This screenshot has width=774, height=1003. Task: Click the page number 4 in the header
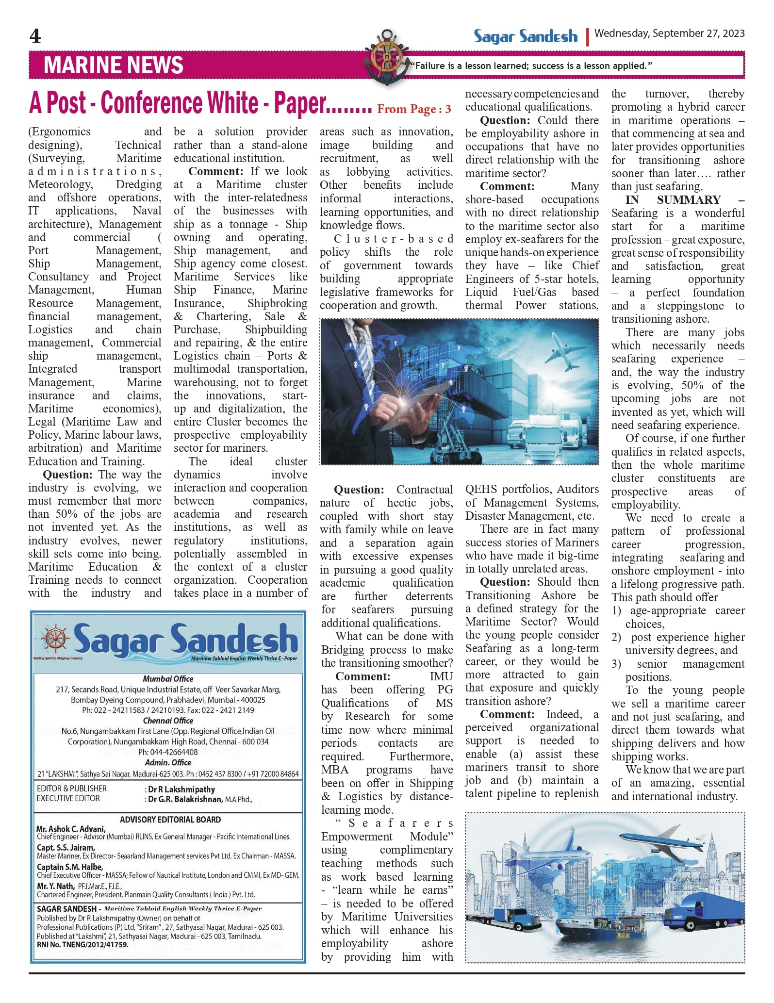tap(35, 36)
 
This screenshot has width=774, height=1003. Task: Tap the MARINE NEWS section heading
tap(113, 65)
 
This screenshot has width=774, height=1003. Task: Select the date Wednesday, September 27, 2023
tap(669, 33)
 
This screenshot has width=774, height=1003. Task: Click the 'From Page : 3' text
tap(414, 109)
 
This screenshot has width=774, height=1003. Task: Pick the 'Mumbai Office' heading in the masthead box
tap(168, 679)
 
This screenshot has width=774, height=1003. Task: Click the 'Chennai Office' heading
tap(168, 721)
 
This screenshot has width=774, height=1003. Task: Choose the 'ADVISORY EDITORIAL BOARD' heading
tap(170, 820)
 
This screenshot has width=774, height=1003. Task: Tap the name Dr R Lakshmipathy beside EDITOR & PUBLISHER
tap(181, 789)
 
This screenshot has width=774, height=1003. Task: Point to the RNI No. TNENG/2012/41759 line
tap(82, 945)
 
